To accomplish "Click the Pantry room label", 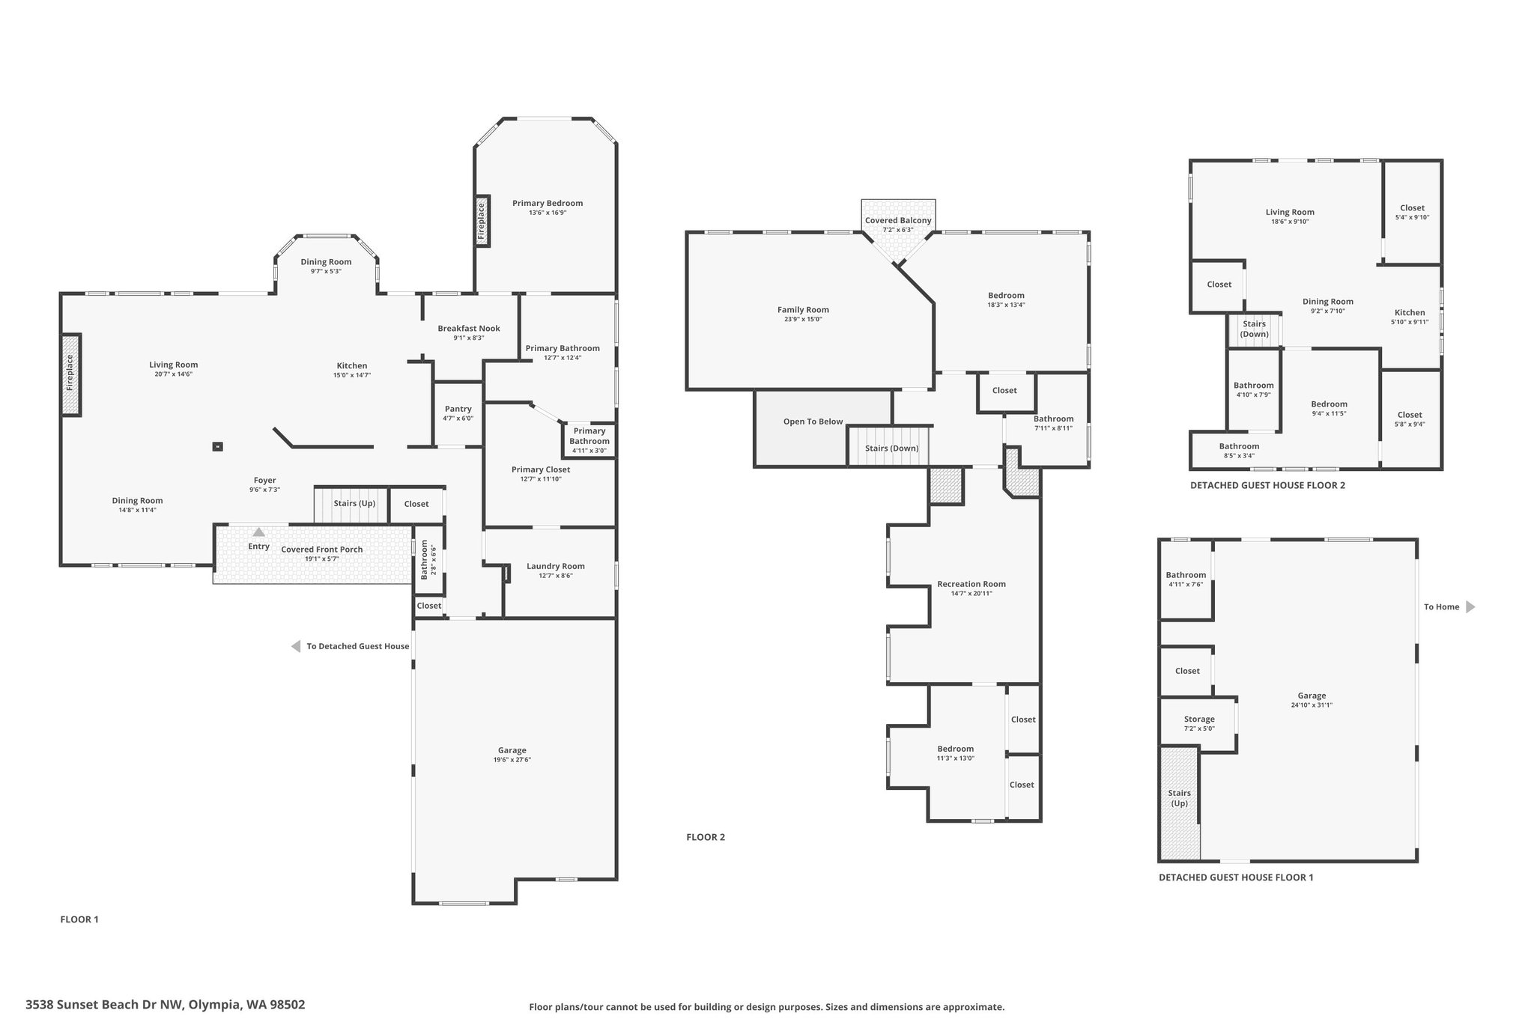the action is (458, 409).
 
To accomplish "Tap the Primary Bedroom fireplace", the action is (482, 220).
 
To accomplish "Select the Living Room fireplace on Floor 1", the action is (70, 374).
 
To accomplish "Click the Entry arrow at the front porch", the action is (258, 532).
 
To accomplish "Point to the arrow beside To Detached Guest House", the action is (296, 646).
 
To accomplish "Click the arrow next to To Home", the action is (1470, 607).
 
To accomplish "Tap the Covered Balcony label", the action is (898, 221).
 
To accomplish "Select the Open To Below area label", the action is (813, 422).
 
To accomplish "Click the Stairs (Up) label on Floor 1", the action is (354, 503).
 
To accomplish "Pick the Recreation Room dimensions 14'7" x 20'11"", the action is (971, 594).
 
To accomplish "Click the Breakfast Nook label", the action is (469, 328).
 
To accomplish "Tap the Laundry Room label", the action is (556, 566).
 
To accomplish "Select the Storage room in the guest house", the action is (1199, 723).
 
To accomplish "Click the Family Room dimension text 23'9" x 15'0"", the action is (803, 320).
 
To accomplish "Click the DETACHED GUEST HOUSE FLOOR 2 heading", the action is (1267, 485).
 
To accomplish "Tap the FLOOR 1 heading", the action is (79, 919).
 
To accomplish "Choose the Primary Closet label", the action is (541, 469).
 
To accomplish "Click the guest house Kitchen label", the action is (1410, 312).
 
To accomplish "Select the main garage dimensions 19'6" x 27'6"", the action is (512, 760).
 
